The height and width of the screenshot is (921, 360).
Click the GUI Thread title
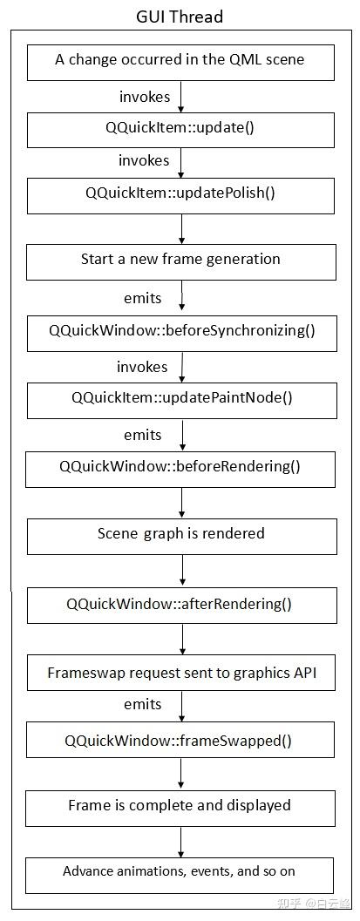pos(180,17)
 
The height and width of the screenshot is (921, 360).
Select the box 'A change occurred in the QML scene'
pos(180,60)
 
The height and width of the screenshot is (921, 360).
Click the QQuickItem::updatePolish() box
pos(180,193)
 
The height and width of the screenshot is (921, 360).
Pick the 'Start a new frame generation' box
pos(180,260)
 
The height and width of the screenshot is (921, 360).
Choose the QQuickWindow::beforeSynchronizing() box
pos(180,331)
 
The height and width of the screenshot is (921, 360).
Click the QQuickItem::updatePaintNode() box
pos(180,398)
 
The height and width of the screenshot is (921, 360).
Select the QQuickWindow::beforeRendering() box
pos(180,466)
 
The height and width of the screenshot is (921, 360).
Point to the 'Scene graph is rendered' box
pos(180,534)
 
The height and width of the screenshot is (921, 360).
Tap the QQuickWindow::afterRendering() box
pos(180,604)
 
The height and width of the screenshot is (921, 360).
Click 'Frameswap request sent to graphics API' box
pos(180,674)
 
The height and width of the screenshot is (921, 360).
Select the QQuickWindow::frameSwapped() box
pos(180,742)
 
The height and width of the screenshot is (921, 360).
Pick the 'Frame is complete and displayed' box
pos(180,806)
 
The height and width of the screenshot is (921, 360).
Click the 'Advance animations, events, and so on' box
pos(180,872)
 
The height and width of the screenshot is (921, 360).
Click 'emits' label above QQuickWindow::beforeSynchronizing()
pos(143,298)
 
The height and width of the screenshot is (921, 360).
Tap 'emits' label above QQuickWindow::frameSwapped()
pos(143,704)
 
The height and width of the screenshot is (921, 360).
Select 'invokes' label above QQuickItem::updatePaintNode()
pos(143,367)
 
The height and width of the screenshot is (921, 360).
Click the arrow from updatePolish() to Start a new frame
pos(181,227)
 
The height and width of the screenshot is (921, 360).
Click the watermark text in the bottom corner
pos(313,904)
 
